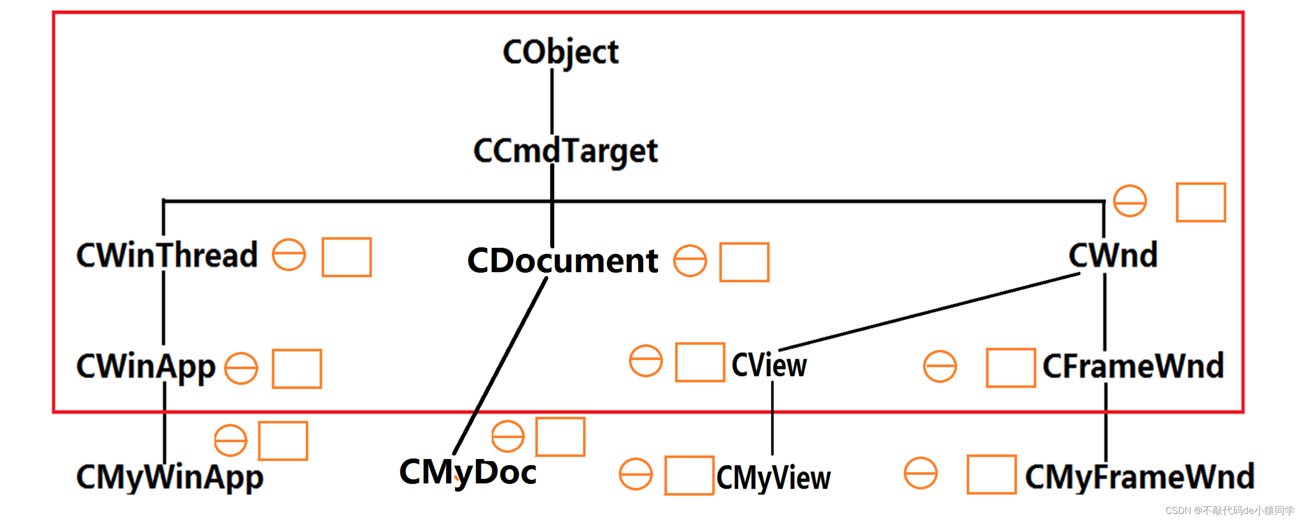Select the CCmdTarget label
565,151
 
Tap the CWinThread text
167,255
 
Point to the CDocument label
562,261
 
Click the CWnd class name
1113,255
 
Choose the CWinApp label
146,366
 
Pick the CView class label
769,365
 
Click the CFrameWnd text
1133,366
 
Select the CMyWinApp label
170,477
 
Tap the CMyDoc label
468,472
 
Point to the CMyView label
773,478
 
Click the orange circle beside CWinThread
288,255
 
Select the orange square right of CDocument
744,262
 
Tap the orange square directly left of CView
700,362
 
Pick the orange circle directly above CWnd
1130,201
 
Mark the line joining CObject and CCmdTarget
552,102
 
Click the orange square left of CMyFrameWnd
991,475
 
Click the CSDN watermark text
1229,510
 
